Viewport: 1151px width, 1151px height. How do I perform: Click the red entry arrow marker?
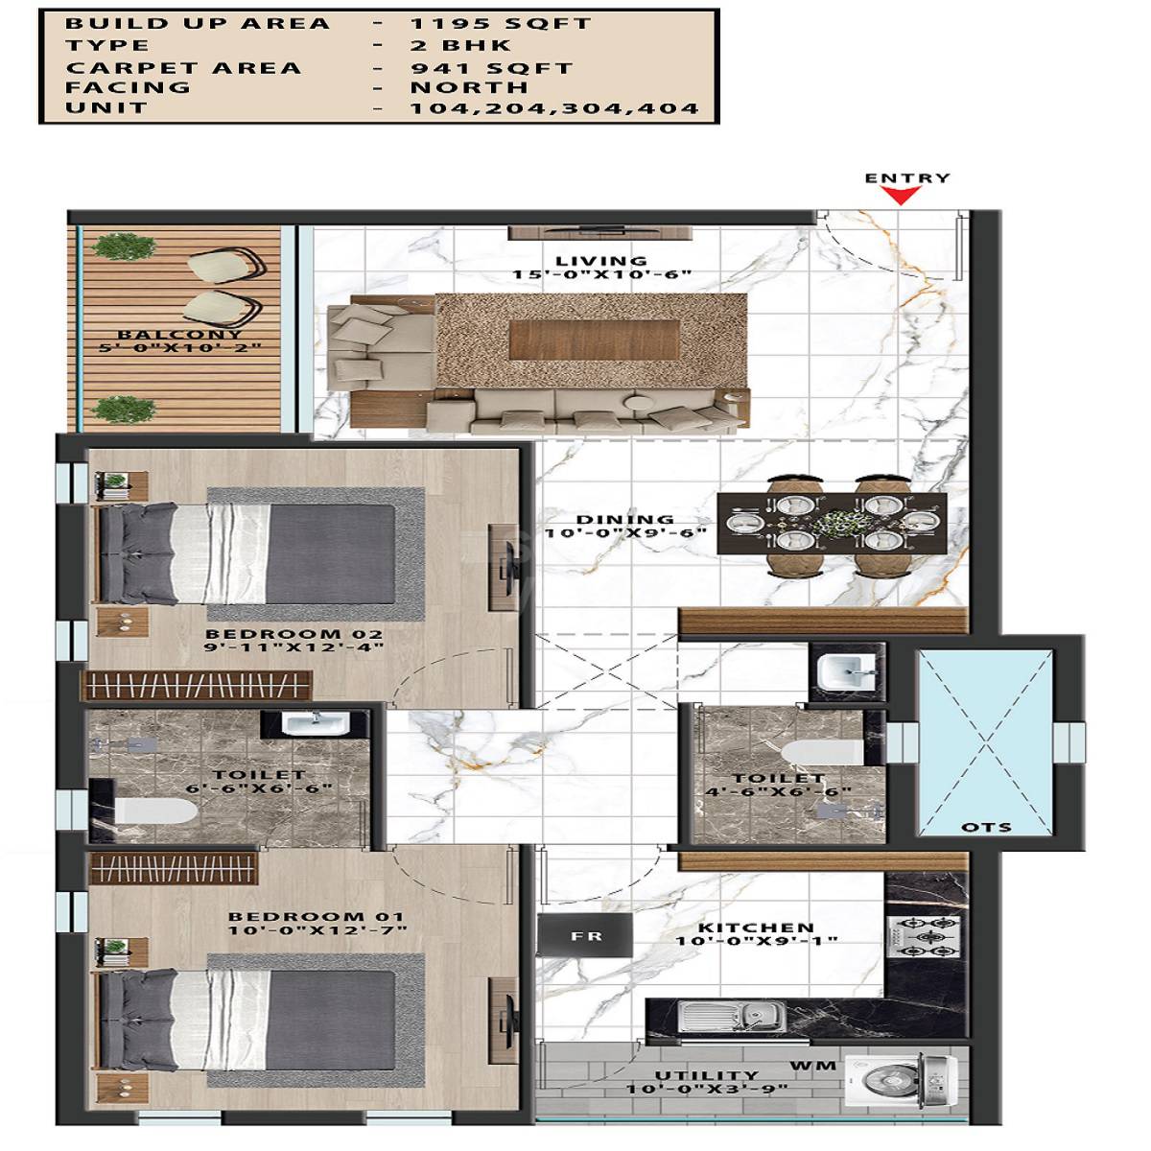click(901, 195)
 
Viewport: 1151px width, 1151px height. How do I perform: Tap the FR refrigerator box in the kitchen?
click(584, 935)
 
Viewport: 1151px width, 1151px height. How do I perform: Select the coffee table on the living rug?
click(595, 339)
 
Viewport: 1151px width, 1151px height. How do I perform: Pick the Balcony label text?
click(180, 335)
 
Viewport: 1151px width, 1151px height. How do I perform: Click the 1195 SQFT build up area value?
click(501, 24)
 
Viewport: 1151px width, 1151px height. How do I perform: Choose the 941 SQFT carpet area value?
click(491, 68)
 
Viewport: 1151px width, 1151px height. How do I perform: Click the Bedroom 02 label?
click(294, 634)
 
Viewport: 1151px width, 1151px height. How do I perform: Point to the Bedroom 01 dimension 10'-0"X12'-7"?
click(317, 930)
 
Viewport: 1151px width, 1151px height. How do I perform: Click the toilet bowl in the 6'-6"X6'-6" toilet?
click(153, 811)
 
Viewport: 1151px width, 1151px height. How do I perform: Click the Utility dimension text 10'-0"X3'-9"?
click(706, 1090)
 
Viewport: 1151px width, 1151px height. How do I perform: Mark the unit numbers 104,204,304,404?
click(554, 108)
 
